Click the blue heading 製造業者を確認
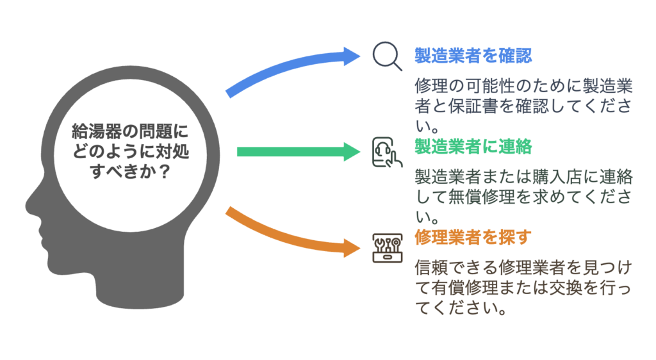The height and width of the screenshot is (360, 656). pyautogui.click(x=473, y=56)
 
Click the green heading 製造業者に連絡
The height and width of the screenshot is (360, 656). pyautogui.click(x=473, y=147)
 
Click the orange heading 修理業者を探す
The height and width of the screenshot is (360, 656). pyautogui.click(x=473, y=238)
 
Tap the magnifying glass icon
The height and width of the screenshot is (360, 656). pyautogui.click(x=388, y=56)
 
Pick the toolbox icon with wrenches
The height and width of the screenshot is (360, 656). pyautogui.click(x=388, y=248)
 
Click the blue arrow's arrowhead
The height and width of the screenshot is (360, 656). pyautogui.click(x=352, y=56)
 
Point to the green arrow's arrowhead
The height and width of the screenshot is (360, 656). pyautogui.click(x=352, y=152)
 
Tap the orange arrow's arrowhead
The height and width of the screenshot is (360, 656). pyautogui.click(x=352, y=248)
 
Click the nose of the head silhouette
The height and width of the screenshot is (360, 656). pyautogui.click(x=30, y=206)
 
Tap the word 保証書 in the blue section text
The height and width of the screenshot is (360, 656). pyautogui.click(x=473, y=106)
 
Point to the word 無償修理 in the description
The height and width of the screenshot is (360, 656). pyautogui.click(x=481, y=197)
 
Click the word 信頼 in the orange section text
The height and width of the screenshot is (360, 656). pyautogui.click(x=431, y=268)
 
